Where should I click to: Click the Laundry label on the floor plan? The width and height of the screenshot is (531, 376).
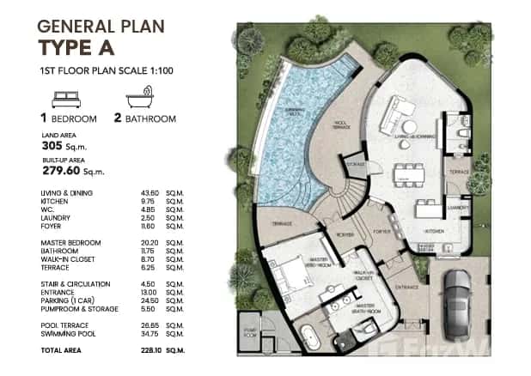tap(455, 207)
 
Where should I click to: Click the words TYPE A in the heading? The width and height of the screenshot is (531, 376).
tap(86, 47)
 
